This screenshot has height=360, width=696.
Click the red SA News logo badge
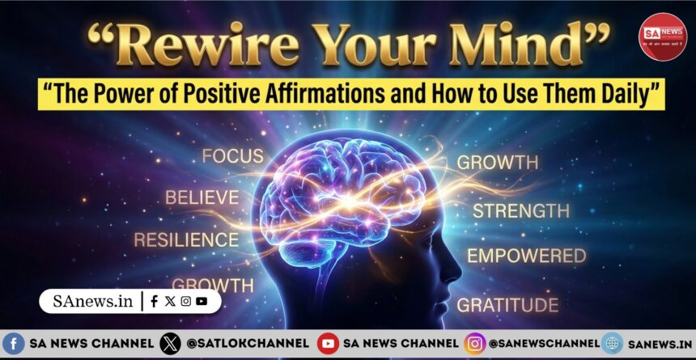point(661,36)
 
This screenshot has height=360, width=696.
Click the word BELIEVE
point(202,197)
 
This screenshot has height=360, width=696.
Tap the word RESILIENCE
point(186,239)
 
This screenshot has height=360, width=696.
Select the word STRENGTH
point(521,211)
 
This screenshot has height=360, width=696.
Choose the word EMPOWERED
point(526,256)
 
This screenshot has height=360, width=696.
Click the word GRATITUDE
point(507,305)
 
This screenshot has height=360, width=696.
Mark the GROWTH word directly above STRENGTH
point(497,162)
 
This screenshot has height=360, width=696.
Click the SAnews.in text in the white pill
point(91,301)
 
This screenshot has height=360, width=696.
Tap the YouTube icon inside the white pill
point(202,301)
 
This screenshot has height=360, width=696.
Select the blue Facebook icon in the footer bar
point(14,344)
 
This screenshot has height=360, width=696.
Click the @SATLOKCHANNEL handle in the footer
point(246,344)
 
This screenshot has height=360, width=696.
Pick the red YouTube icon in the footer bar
point(328,344)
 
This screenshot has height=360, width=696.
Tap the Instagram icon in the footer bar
point(474,344)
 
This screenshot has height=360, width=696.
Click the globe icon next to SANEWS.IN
point(612,344)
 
